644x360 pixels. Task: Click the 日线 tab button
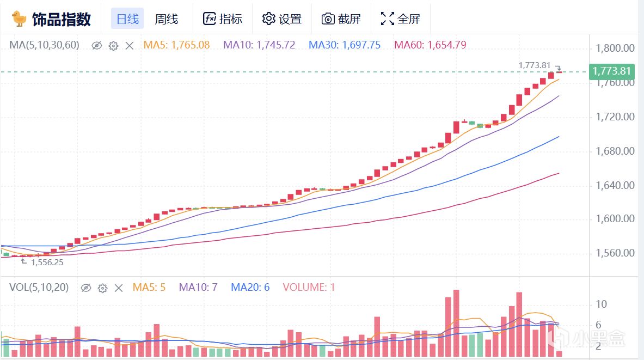point(127,19)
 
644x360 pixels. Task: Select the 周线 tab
point(166,19)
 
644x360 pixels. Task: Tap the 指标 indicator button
point(223,19)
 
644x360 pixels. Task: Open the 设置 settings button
point(281,19)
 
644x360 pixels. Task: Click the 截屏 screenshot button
point(341,19)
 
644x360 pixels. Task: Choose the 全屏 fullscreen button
point(401,19)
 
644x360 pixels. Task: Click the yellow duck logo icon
point(20,19)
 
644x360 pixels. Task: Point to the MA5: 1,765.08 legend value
point(176,45)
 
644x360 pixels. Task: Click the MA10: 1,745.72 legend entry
point(259,45)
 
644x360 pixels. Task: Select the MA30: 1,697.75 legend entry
point(345,45)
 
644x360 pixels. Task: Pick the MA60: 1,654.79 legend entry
point(430,45)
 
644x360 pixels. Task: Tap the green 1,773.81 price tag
point(611,71)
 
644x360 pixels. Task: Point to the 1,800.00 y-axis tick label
point(615,48)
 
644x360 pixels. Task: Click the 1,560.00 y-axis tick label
point(615,253)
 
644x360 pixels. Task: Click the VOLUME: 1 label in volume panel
point(309,287)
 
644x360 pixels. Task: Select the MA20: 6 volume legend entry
point(250,287)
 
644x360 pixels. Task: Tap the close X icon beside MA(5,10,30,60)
point(130,46)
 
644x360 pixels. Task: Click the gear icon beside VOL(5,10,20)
point(102,288)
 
